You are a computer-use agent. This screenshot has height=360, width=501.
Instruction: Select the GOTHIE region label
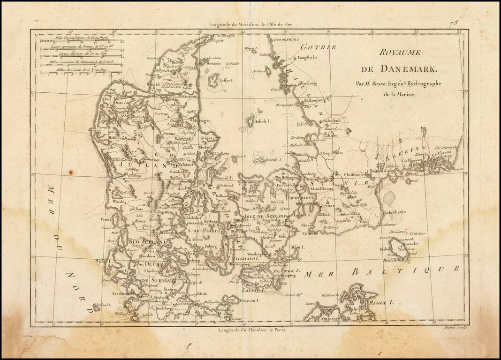[313, 47]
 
